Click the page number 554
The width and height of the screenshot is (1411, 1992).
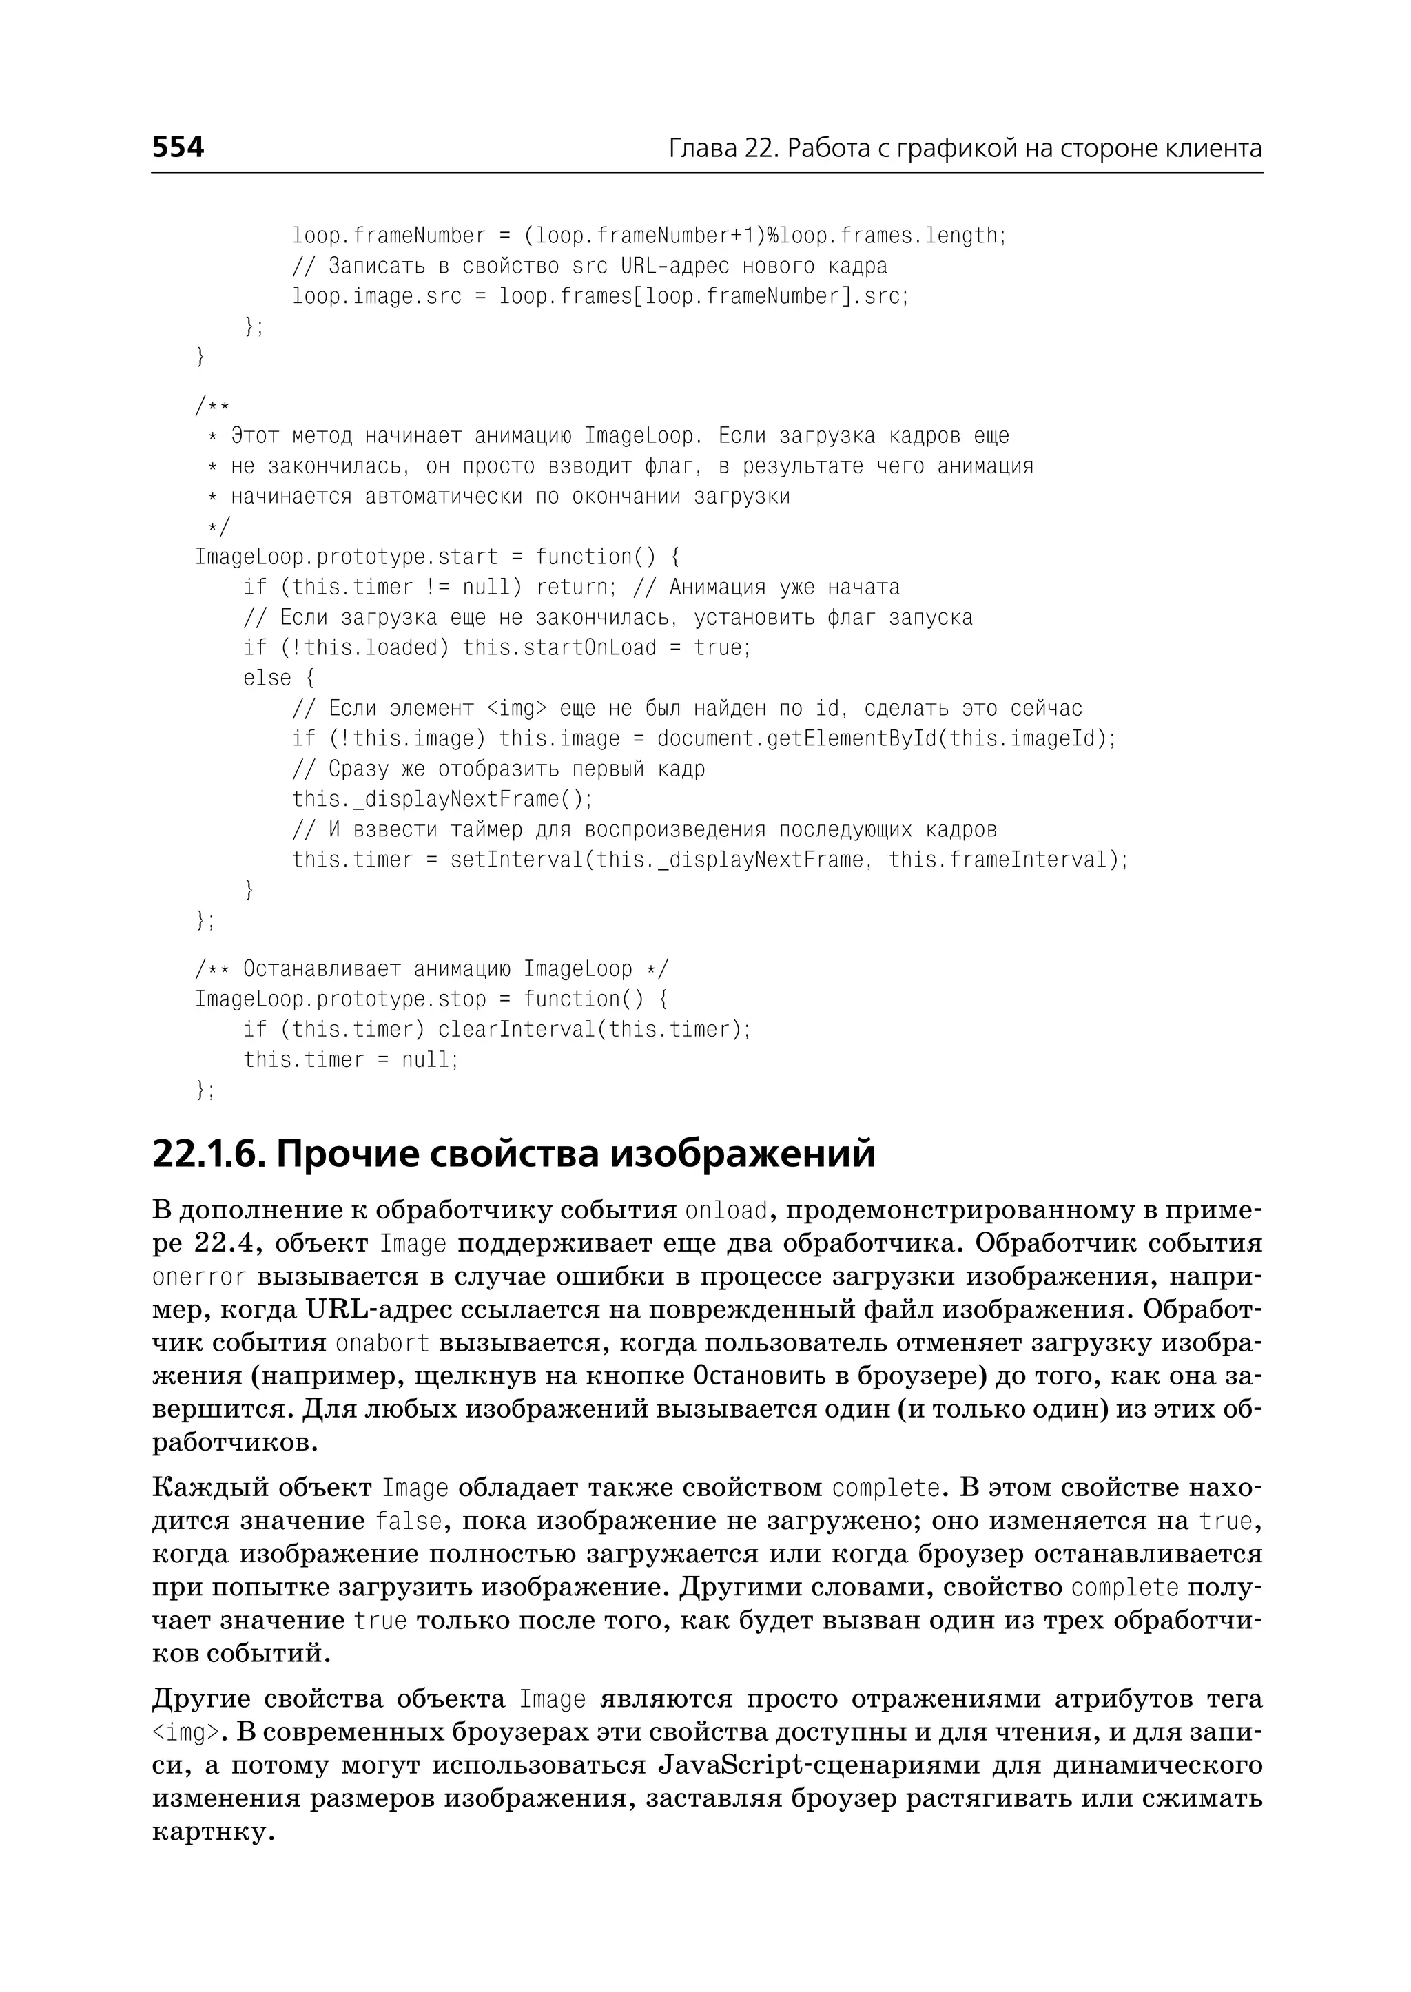(178, 147)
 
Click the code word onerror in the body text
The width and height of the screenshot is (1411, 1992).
(199, 1278)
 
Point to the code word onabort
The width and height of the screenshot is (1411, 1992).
(382, 1344)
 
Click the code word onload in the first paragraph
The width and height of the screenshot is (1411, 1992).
(726, 1211)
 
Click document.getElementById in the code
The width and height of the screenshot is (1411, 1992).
(798, 739)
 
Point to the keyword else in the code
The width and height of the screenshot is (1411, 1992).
(267, 678)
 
